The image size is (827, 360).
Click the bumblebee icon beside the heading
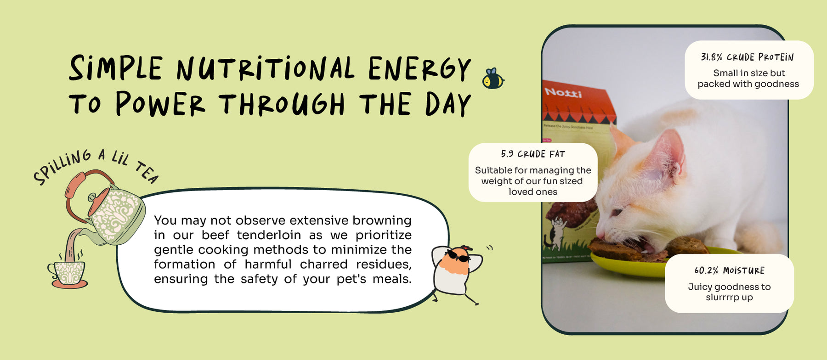click(493, 79)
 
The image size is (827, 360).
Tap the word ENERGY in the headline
click(419, 69)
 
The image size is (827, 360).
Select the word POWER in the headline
click(160, 104)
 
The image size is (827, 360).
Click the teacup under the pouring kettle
click(68, 274)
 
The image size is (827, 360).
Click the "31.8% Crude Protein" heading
click(747, 57)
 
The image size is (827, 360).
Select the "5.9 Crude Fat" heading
click(533, 154)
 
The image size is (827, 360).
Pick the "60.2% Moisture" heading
click(730, 270)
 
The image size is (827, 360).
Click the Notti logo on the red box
click(563, 93)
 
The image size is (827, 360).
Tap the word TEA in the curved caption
click(147, 172)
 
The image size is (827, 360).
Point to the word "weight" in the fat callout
click(496, 181)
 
